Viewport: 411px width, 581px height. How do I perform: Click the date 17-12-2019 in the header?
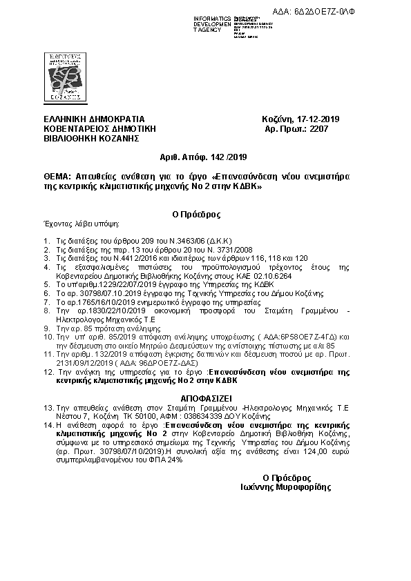pos(318,119)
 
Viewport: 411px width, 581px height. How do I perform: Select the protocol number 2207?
pos(318,128)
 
